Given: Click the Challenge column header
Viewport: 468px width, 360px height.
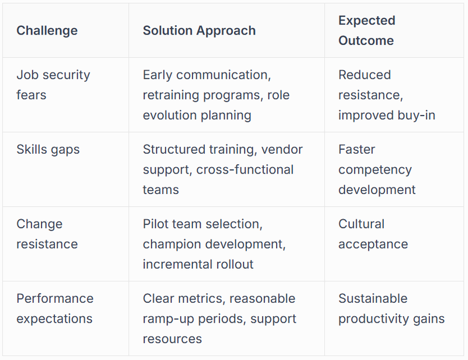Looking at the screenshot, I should (x=47, y=30).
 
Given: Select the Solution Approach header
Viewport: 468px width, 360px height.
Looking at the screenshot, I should (x=199, y=30).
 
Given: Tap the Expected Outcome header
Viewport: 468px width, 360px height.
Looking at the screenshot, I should (x=367, y=30).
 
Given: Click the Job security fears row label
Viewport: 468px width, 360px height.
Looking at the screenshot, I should (x=53, y=85).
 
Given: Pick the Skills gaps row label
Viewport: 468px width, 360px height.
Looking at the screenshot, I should (x=48, y=150).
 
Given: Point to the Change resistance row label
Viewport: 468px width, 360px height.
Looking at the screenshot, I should (x=47, y=234).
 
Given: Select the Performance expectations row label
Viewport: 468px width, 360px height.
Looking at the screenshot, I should (x=54, y=309).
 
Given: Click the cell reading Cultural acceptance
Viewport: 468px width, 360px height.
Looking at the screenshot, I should (x=373, y=234).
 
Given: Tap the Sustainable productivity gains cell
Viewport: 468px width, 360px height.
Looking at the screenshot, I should (x=391, y=309).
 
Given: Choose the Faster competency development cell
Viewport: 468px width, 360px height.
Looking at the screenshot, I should (x=377, y=169).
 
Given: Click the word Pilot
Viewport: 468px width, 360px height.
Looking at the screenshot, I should (x=156, y=224).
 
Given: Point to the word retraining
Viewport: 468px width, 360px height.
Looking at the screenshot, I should (x=173, y=95).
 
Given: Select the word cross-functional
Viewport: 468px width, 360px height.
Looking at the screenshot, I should (x=245, y=169).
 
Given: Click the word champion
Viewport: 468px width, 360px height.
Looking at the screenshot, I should (x=171, y=244).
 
